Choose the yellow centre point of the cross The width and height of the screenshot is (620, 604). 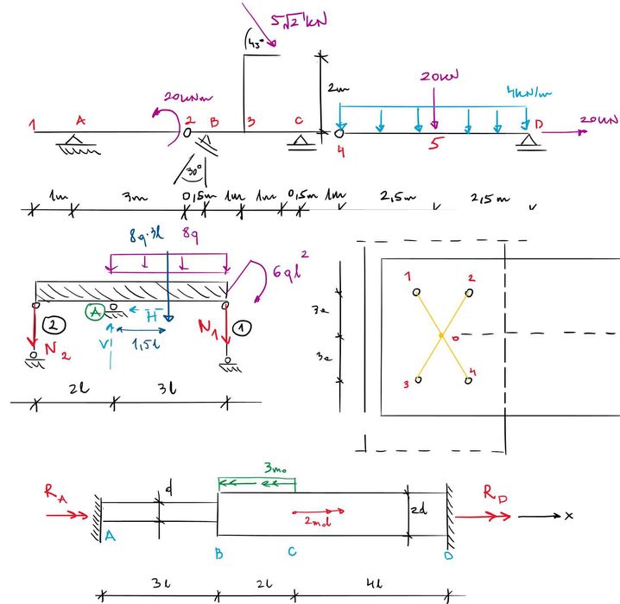coord(441,334)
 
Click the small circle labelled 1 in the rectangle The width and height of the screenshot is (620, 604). coord(417,292)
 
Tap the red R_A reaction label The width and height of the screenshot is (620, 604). coord(54,495)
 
